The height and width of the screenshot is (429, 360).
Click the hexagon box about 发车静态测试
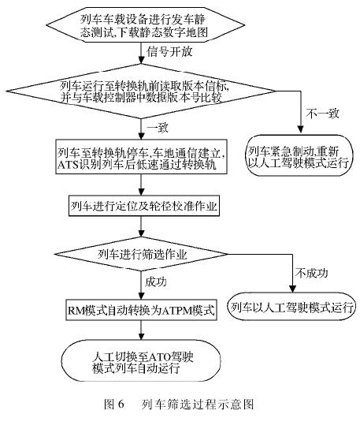pos(145,25)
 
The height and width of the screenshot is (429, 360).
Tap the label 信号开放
pos(169,52)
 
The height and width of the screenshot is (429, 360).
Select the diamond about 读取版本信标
pos(141,91)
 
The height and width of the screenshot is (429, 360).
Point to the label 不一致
pos(322,114)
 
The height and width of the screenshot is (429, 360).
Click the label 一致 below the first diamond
pos(158,128)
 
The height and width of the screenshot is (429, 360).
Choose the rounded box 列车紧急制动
pos(299,155)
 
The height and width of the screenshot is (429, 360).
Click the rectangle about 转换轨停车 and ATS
pos(141,156)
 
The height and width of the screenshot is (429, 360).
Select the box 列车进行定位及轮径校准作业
pos(144,206)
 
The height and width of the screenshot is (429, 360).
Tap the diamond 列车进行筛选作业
pos(141,254)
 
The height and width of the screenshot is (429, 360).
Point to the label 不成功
pos(312,273)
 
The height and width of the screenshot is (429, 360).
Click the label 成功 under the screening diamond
pos(155,282)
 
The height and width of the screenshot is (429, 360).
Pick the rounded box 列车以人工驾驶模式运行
pos(291,307)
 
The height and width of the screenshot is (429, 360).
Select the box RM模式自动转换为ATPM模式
pos(141,310)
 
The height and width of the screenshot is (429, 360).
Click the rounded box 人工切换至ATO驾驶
pos(141,361)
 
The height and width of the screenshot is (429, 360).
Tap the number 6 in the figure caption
pos(121,404)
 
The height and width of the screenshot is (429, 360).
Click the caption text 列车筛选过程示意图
pos(198,404)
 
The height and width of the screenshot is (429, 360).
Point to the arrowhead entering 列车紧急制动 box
pos(300,130)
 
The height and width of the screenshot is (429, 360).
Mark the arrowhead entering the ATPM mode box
pos(141,296)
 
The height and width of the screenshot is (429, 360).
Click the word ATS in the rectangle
pos(69,165)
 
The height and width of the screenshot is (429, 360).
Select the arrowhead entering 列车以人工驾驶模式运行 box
pos(292,289)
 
